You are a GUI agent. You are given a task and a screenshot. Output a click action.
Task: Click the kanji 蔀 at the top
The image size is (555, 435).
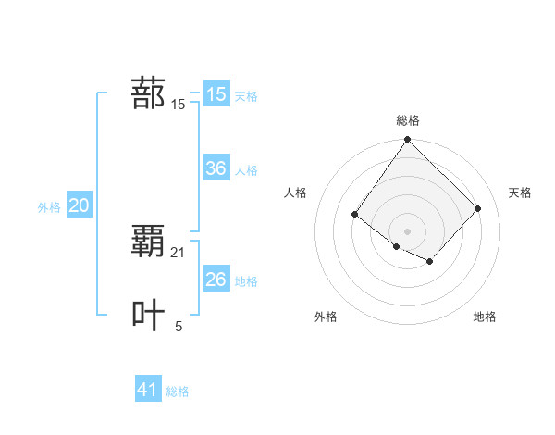149,93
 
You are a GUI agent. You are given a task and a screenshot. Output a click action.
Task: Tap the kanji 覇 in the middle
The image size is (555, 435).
149,242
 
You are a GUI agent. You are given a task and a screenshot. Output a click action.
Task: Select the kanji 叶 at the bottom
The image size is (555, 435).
149,315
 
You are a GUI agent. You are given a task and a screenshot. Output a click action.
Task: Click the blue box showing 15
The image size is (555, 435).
216,94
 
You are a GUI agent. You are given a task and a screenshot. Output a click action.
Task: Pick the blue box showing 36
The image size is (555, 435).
216,168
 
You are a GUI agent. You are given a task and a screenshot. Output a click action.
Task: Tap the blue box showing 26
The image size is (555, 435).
216,279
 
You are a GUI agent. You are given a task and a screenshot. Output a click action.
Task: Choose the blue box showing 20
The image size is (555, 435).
79,205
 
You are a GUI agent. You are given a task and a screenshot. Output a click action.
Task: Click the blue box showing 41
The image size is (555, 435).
148,390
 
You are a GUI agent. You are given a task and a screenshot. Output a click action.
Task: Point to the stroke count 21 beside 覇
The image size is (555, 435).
179,252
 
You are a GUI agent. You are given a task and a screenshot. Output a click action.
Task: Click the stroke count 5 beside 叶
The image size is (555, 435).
179,326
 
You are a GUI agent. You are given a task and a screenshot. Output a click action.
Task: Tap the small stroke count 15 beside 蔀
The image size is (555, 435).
179,105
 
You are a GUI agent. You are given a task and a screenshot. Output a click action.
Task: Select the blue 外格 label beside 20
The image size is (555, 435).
49,207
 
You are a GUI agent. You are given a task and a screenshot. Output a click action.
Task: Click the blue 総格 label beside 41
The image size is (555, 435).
178,391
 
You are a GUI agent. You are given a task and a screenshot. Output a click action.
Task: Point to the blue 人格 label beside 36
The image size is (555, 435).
246,170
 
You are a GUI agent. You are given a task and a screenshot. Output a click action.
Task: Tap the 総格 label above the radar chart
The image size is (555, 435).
408,120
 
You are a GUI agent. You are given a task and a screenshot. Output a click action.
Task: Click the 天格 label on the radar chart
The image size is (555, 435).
520,193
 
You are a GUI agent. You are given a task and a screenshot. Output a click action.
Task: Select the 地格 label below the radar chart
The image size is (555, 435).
485,317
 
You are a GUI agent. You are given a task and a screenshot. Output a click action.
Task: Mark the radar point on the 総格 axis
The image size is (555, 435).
408,140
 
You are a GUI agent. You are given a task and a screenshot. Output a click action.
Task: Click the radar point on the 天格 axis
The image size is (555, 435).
477,208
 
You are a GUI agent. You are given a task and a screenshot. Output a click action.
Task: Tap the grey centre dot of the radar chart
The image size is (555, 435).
408,230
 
